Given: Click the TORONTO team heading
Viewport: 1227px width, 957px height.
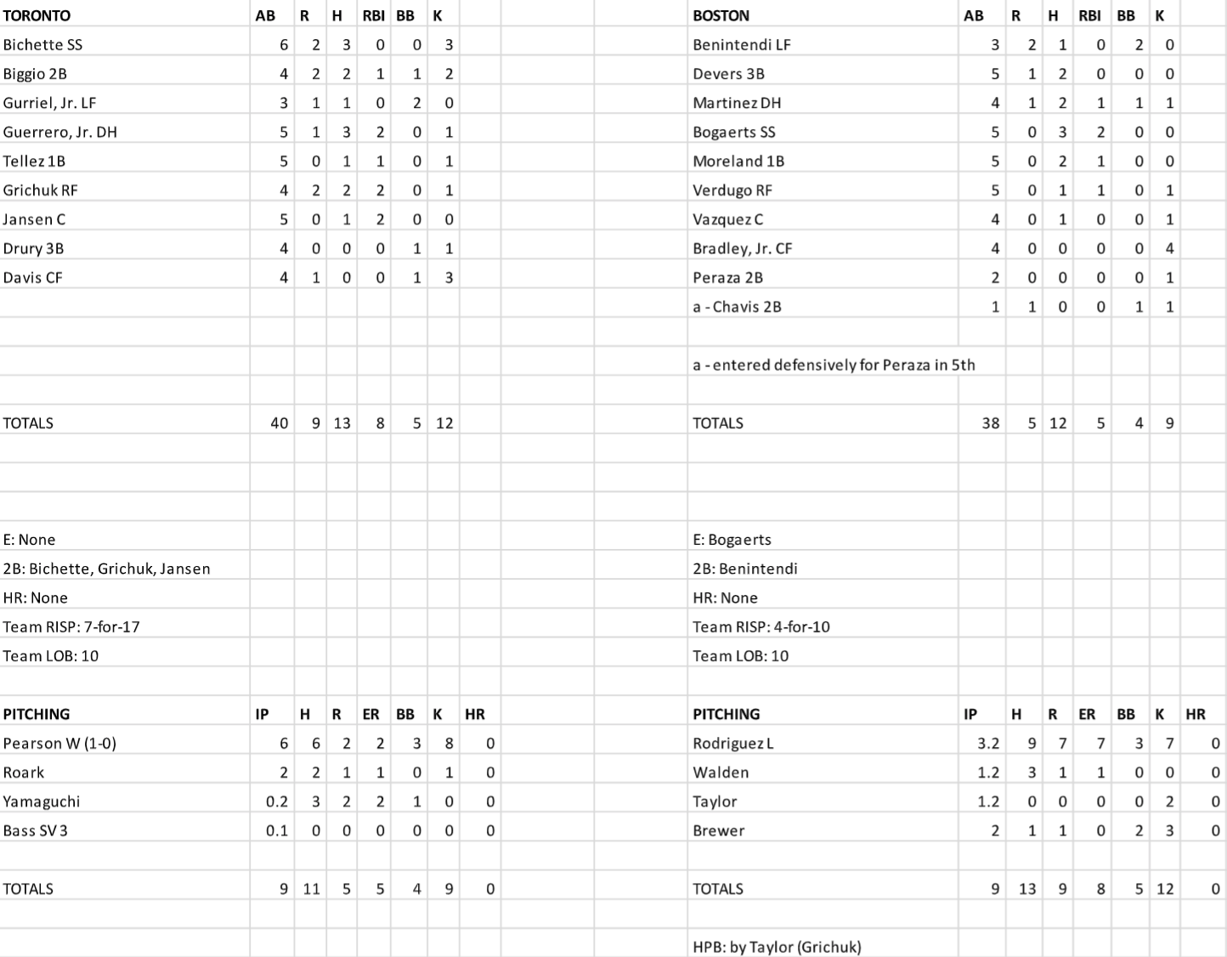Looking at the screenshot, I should pos(37,15).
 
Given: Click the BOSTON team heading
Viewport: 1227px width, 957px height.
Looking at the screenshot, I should pos(721,15).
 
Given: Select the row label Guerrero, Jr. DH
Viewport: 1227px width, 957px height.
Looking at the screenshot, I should pos(59,132).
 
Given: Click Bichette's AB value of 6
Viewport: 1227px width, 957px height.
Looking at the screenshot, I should pos(284,45).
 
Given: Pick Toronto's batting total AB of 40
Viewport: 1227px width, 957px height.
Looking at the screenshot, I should pos(279,422).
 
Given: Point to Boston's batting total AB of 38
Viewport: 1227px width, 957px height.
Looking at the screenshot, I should pos(990,422).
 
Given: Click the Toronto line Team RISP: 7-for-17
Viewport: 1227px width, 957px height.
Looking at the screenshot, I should pos(71,626).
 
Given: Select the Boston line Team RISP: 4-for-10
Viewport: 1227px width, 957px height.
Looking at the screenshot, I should pos(761,626).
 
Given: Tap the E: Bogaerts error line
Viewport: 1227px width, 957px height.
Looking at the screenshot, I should pos(732,540).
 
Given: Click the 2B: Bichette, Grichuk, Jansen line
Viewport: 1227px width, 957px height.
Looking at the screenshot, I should pos(106,569).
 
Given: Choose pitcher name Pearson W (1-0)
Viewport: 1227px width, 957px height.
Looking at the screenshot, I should pos(59,744).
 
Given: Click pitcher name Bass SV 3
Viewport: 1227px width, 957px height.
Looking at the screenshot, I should pos(35,830).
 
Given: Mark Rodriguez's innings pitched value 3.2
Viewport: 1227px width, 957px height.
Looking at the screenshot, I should pos(987,744).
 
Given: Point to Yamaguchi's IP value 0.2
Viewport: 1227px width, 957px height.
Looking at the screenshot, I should pos(277,801).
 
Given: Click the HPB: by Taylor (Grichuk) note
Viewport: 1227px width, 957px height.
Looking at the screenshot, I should pos(777,947).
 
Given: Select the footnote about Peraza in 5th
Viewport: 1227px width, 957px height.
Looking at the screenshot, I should pos(834,365).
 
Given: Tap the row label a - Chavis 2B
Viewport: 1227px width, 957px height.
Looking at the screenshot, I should pos(737,307).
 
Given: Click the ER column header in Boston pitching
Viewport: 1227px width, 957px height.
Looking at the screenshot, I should pos(1087,714).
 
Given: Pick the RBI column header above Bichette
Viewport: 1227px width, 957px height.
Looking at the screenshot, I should pos(374,15).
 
